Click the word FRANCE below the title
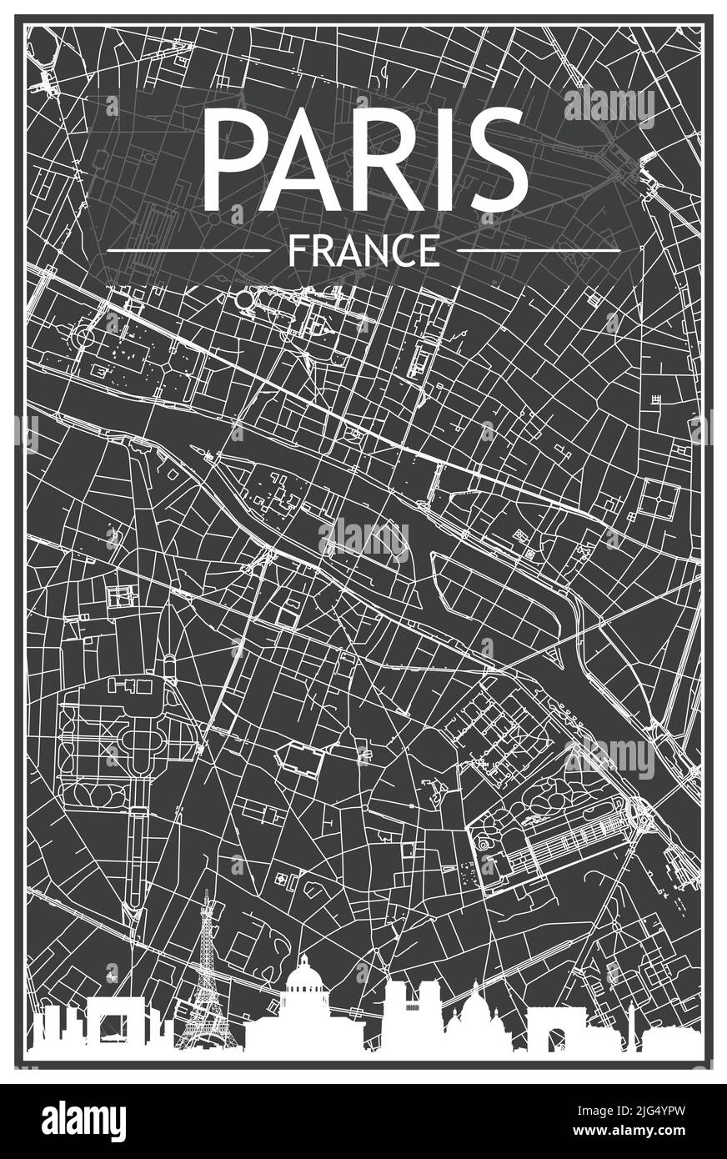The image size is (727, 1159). [363, 249]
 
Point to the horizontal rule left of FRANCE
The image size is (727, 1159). [189, 249]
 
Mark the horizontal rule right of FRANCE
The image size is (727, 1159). [539, 249]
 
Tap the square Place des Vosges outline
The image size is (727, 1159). [659, 500]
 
